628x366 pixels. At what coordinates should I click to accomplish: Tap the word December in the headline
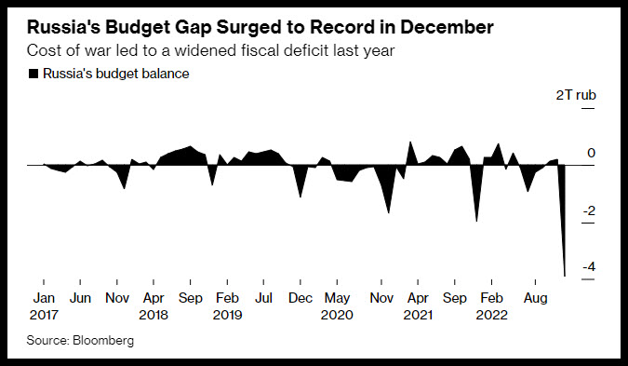pyautogui.click(x=447, y=27)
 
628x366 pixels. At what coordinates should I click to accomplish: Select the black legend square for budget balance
pyautogui.click(x=33, y=74)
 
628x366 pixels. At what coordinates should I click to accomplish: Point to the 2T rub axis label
pyautogui.click(x=576, y=95)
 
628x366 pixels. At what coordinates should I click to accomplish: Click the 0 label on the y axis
pyautogui.click(x=591, y=153)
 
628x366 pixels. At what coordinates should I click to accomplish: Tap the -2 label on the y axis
pyautogui.click(x=589, y=210)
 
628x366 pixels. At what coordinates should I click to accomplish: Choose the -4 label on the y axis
pyautogui.click(x=589, y=267)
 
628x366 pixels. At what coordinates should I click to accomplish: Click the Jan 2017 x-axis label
pyautogui.click(x=44, y=306)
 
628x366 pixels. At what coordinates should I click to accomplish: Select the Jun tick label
pyautogui.click(x=80, y=298)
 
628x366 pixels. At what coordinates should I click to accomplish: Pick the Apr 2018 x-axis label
pyautogui.click(x=154, y=306)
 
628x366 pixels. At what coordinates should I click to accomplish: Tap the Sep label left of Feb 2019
pyautogui.click(x=190, y=299)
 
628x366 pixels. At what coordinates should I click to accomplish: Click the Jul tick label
pyautogui.click(x=263, y=298)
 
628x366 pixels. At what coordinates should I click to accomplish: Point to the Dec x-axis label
pyautogui.click(x=301, y=298)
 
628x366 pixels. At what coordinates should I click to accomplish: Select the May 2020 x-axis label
pyautogui.click(x=337, y=306)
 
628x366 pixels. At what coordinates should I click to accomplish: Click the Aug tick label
pyautogui.click(x=536, y=299)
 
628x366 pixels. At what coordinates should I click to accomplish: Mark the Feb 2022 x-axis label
pyautogui.click(x=491, y=306)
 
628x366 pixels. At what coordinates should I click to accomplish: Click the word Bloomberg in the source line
pyautogui.click(x=103, y=340)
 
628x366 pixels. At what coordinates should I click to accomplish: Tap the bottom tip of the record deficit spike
pyautogui.click(x=565, y=277)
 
